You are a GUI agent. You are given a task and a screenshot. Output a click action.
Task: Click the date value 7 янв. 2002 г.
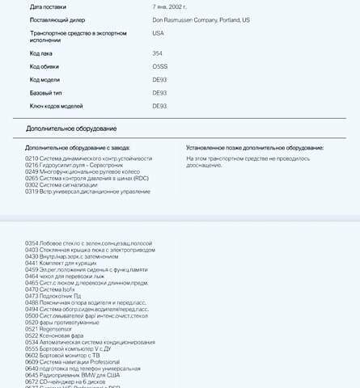tap(175, 6)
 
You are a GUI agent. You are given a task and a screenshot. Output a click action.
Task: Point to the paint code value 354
tap(157, 53)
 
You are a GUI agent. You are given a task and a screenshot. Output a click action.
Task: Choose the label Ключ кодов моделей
tap(56, 106)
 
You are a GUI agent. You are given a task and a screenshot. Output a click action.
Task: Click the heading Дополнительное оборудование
tap(70, 129)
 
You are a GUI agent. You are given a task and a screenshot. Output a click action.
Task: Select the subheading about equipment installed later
tap(254, 148)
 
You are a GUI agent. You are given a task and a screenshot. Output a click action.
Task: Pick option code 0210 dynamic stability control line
tap(88, 158)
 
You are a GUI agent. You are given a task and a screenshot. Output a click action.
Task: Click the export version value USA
tap(158, 33)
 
